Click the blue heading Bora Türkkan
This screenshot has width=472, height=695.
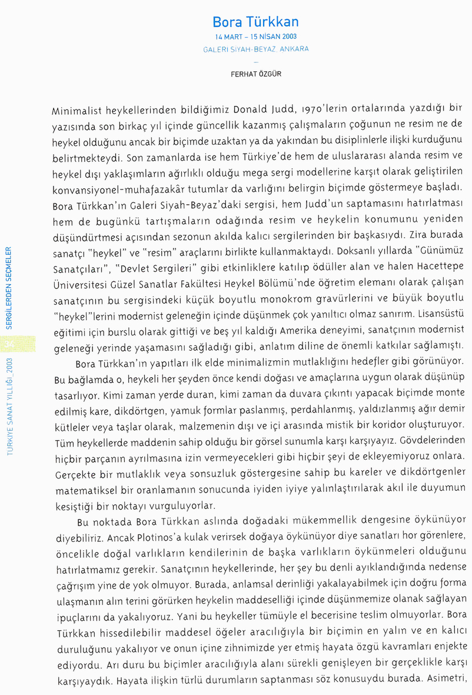255,22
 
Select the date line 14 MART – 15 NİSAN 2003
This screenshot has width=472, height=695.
255,37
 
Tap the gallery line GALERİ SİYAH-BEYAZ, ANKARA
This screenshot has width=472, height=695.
255,49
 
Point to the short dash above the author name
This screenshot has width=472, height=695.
255,61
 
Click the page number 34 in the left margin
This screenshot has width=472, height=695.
8,343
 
